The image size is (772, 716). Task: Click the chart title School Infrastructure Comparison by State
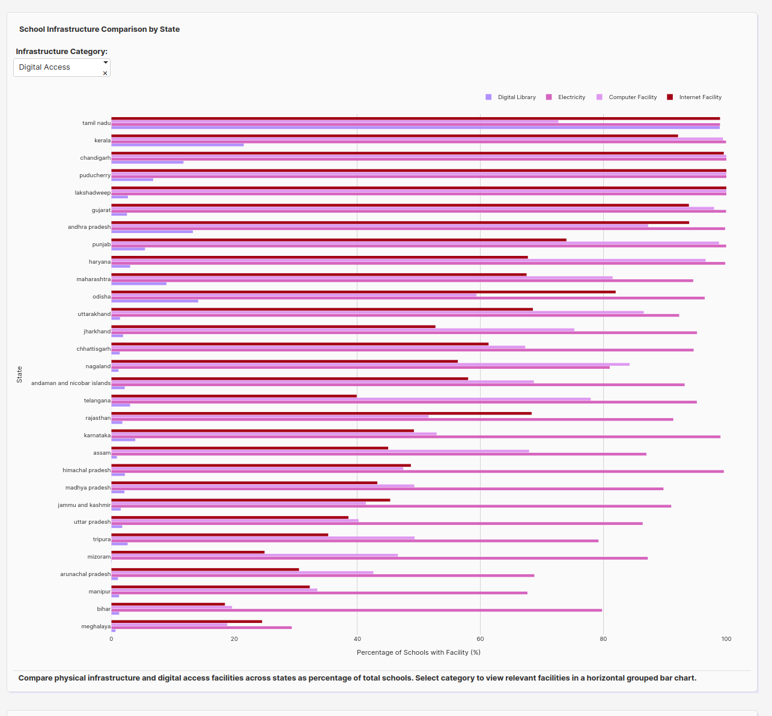coord(99,29)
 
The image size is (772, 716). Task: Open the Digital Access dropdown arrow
coord(106,62)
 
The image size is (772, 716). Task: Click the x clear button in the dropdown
coord(105,73)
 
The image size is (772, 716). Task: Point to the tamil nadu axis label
coord(96,123)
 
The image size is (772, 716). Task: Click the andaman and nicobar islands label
coord(71,383)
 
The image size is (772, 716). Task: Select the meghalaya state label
coord(96,626)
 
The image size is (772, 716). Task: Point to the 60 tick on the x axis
coord(480,639)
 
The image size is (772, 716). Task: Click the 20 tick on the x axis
coord(234,639)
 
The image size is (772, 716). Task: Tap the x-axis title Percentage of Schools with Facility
coord(418,652)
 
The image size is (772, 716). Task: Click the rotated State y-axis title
coord(19,374)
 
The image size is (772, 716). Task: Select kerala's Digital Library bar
coord(177,145)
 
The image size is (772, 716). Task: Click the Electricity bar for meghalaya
coord(201,628)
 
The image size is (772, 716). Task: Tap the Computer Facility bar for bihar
coord(171,607)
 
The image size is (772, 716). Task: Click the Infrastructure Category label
coord(61,52)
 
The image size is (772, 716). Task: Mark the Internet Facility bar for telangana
coord(234,396)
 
